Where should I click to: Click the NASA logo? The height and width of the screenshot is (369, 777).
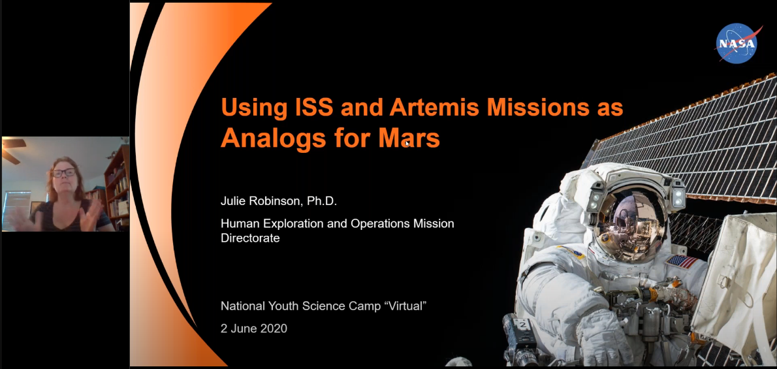pyautogui.click(x=738, y=44)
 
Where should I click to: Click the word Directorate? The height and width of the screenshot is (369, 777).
pyautogui.click(x=250, y=238)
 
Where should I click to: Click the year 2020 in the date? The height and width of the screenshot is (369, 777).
pyautogui.click(x=274, y=329)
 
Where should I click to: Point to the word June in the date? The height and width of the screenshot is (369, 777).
pyautogui.click(x=243, y=329)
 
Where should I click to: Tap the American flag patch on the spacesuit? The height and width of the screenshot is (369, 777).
pyautogui.click(x=682, y=261)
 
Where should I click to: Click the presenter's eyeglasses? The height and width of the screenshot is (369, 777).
pyautogui.click(x=65, y=173)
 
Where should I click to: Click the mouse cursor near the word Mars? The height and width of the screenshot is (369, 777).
pyautogui.click(x=407, y=143)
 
